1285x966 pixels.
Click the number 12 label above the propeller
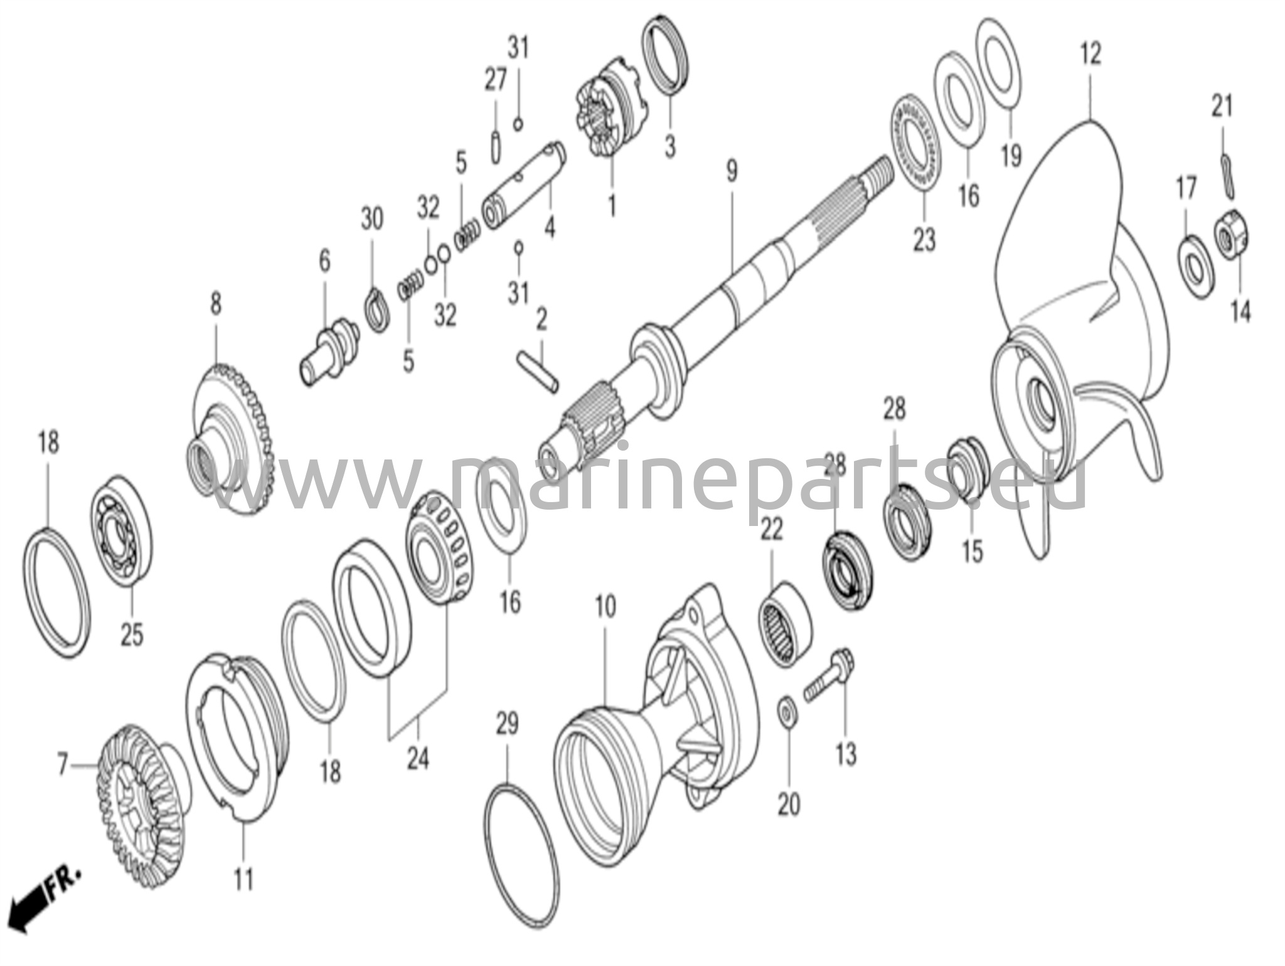click(1090, 54)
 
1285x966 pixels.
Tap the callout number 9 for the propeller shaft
click(732, 171)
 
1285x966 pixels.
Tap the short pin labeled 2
click(538, 374)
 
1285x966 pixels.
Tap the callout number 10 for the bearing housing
click(605, 606)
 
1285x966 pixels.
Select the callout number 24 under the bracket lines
click(418, 759)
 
